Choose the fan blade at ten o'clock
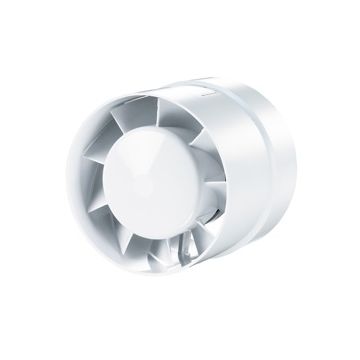click(x=118, y=140)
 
